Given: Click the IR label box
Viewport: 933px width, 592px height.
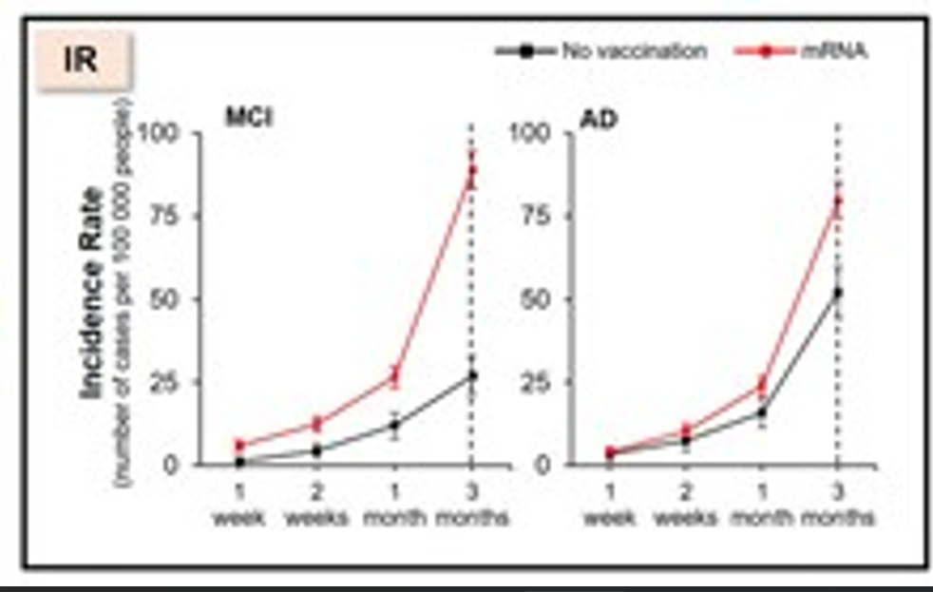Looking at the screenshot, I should click(x=83, y=61).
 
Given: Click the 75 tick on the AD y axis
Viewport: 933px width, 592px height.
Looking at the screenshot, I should click(x=540, y=216).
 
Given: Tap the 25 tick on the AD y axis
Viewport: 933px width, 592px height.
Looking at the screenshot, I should click(x=540, y=382).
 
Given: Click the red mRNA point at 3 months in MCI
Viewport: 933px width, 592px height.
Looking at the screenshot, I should click(x=472, y=171).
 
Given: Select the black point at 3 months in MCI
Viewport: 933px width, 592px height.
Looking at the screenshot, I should click(x=472, y=375).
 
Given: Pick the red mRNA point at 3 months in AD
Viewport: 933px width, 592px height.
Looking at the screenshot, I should click(x=837, y=201).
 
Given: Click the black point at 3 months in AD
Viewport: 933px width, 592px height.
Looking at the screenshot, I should click(x=837, y=293).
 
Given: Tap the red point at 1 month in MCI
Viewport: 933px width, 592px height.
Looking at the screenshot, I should click(x=393, y=376).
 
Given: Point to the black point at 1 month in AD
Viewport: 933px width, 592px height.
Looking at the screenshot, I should click(x=760, y=412).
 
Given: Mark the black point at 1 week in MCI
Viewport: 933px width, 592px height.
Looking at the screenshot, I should click(x=240, y=462).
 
